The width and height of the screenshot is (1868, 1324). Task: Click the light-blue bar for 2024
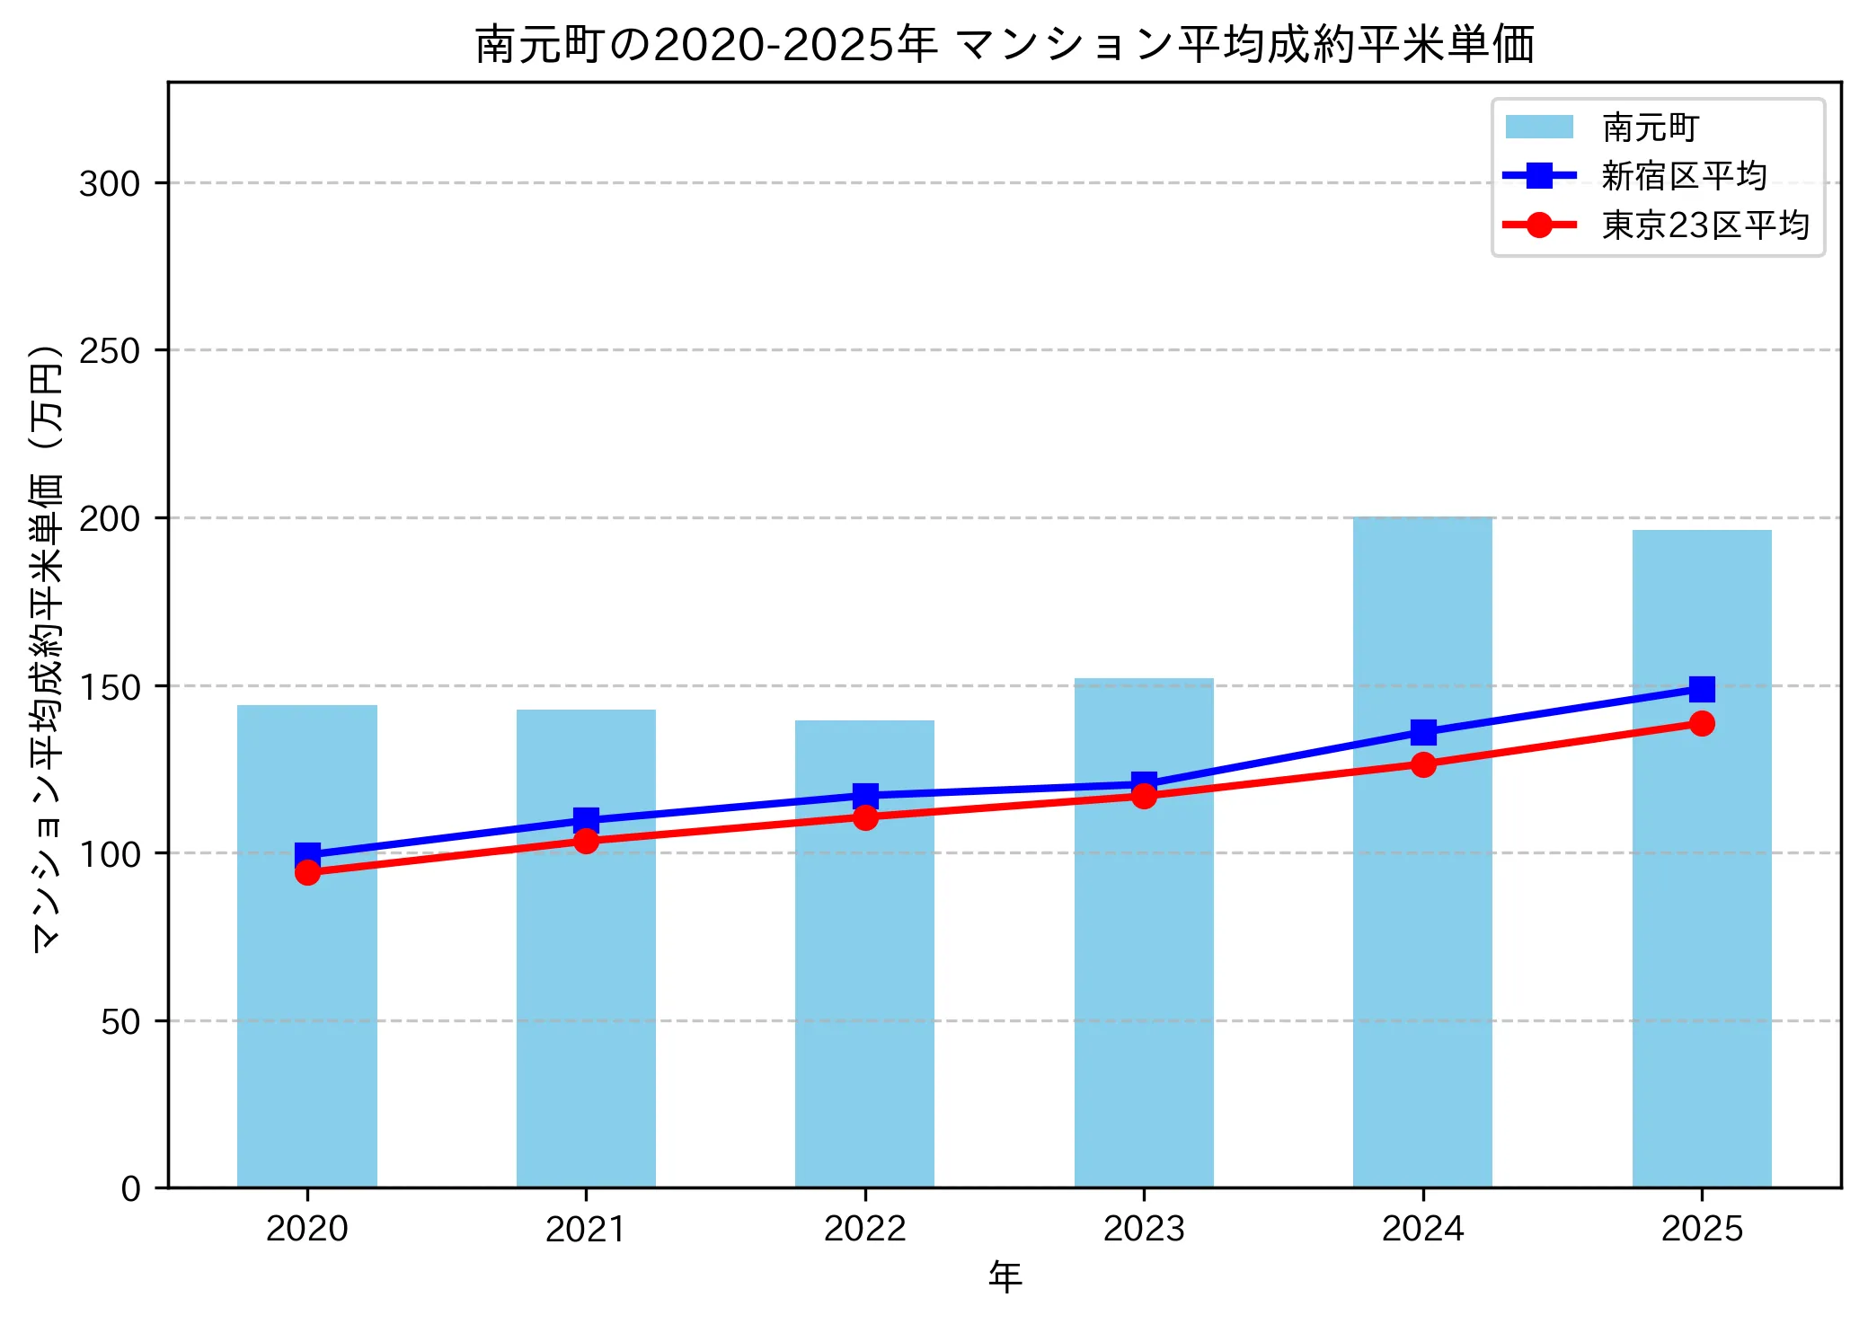pos(1422,943)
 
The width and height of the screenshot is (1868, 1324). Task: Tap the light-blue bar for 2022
pos(864,988)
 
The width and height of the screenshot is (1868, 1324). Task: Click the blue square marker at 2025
pos(1701,689)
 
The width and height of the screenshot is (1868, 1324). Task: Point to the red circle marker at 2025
pos(1701,723)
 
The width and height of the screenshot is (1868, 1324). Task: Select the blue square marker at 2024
pos(1422,732)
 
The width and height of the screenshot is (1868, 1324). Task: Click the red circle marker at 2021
pos(586,841)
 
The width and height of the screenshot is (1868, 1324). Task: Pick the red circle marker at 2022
pos(864,817)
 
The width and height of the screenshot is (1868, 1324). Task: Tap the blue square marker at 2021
pos(586,819)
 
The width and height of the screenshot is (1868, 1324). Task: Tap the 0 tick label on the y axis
pos(130,1188)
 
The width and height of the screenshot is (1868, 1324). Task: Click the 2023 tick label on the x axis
pos(1143,1229)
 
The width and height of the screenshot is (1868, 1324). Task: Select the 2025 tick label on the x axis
pos(1701,1229)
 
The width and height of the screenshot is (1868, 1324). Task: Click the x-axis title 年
pos(1005,1276)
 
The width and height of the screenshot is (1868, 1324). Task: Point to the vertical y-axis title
pos(47,647)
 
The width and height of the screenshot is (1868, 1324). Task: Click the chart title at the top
pos(1005,45)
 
